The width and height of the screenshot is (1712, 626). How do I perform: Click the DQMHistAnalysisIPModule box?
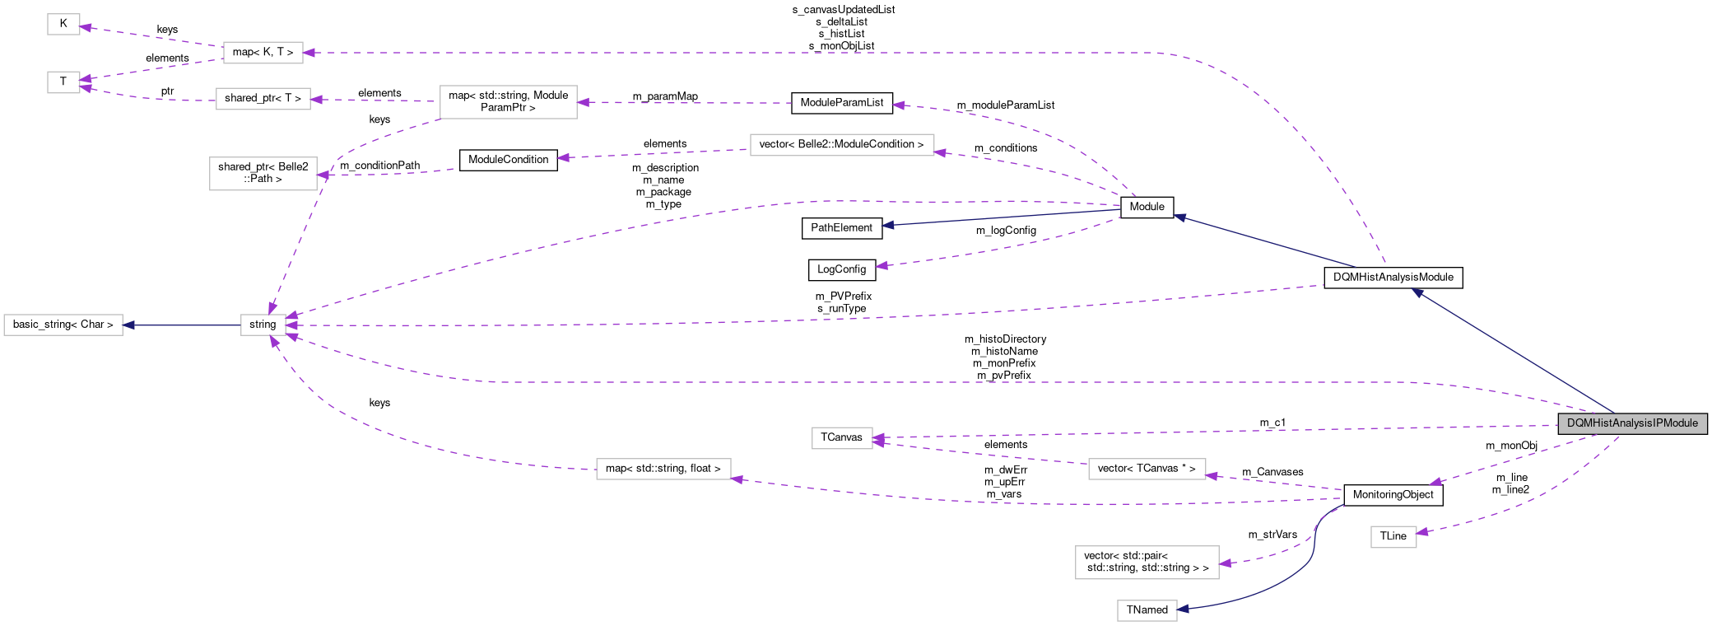coord(1632,423)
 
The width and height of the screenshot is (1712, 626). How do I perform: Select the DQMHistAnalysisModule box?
coord(1393,278)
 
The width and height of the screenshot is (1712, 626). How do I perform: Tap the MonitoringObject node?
coord(1393,495)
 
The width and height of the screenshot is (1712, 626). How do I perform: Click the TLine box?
coord(1393,536)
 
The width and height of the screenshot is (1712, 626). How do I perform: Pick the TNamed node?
coord(1147,610)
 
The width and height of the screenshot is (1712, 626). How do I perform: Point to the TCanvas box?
coord(841,437)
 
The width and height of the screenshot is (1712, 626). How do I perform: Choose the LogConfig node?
coord(841,269)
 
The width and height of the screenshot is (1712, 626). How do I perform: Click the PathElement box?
coord(841,228)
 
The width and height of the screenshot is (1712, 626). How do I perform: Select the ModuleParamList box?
coord(841,103)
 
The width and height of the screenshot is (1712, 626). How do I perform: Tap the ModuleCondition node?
coord(508,160)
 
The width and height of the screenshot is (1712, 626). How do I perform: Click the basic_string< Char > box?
coord(63,325)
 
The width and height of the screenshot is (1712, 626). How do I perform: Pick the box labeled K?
coord(63,24)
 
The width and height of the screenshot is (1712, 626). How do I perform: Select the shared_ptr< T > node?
coord(263,99)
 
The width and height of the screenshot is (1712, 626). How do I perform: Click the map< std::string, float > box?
coord(663,469)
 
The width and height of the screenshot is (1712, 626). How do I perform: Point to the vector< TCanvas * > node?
coord(1147,469)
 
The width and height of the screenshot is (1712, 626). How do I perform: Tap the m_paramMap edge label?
coord(665,96)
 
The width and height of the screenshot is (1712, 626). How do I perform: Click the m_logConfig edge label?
coord(1006,231)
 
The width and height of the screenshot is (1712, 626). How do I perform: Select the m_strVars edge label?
coord(1272,535)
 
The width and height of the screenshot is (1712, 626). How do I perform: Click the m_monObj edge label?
coord(1511,446)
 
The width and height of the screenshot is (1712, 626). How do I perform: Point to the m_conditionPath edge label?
coord(379,166)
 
